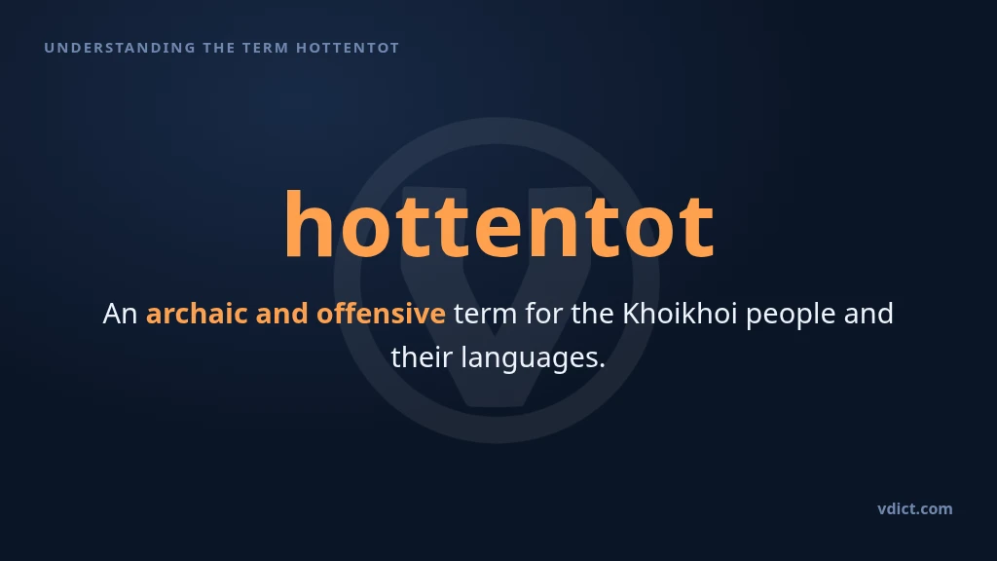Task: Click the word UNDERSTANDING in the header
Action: coord(120,48)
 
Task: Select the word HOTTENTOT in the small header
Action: coord(348,48)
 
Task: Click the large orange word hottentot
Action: coord(499,225)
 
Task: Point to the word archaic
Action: coord(197,313)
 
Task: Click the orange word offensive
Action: coord(381,313)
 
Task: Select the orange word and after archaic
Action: coord(281,313)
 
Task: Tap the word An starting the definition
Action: coord(120,314)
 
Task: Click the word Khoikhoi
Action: coord(680,313)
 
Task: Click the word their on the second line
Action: coord(422,356)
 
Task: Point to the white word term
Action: coord(485,314)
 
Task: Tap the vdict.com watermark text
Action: coord(915,508)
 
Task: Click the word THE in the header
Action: coord(219,48)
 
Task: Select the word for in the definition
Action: coord(543,313)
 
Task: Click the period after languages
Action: coord(602,366)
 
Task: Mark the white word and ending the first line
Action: coord(868,313)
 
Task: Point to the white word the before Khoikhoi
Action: coord(592,313)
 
